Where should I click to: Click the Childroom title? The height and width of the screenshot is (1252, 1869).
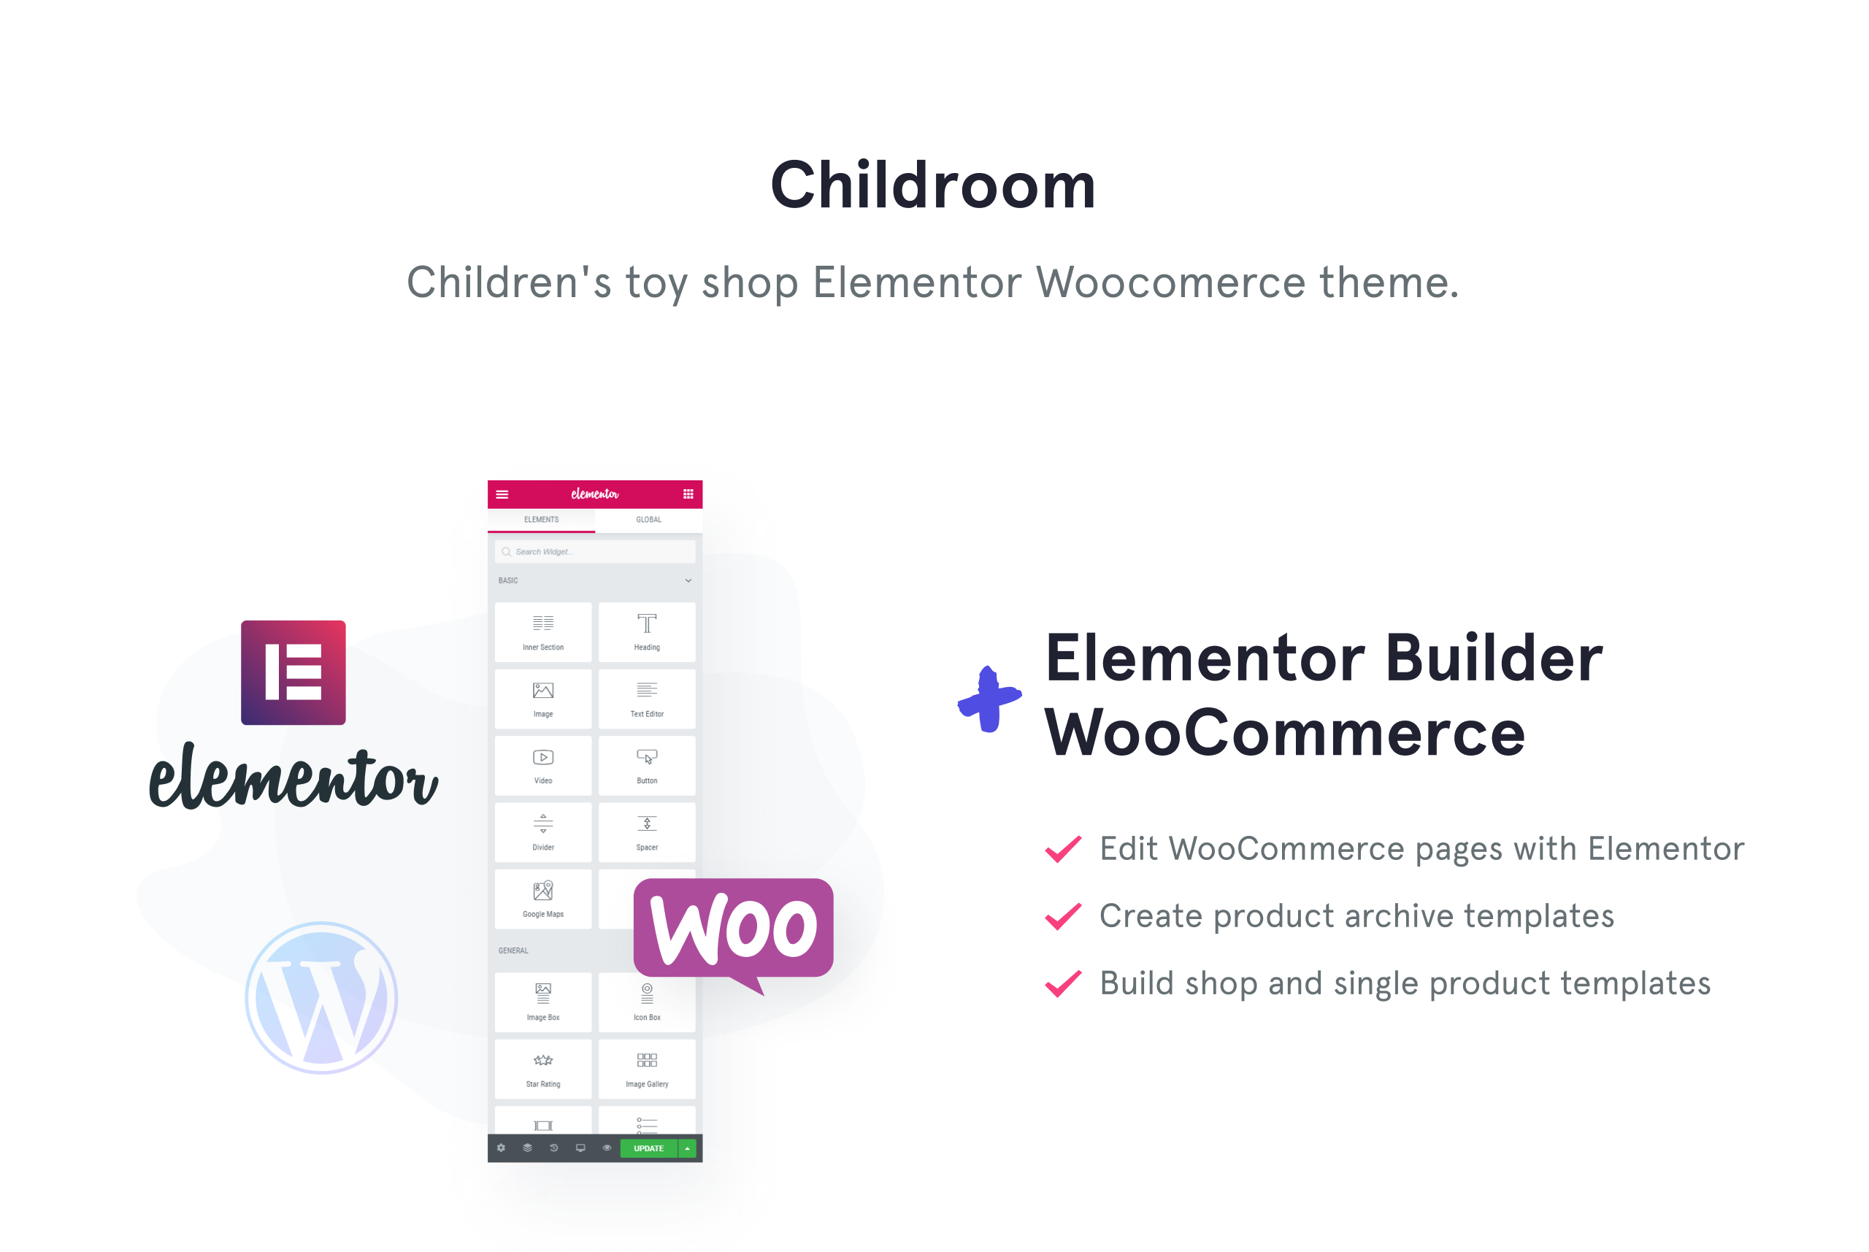coord(932,185)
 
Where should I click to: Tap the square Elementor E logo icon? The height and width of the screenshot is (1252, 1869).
coord(293,672)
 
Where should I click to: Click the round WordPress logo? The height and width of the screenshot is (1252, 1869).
coord(321,997)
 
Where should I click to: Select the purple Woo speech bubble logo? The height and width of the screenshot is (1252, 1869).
coord(733,934)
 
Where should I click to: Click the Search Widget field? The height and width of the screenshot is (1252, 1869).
coord(595,552)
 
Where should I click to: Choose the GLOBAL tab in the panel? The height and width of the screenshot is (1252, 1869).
coord(648,520)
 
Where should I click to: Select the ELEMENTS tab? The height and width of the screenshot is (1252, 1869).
coord(541,520)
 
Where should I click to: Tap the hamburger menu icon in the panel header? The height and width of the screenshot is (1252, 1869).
coord(502,494)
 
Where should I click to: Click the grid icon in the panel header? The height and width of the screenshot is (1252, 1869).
coord(688,494)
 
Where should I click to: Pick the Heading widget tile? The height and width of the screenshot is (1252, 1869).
coord(647,631)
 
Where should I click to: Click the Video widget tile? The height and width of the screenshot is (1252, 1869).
coord(543,765)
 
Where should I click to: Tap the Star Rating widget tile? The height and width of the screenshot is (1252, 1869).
coord(543,1068)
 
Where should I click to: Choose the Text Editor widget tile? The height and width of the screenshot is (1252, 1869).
coord(647,699)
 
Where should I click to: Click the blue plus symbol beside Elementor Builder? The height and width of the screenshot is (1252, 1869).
coord(989,699)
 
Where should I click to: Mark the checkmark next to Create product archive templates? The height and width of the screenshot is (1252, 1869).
coord(1064,917)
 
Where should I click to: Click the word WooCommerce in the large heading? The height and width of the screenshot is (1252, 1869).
coord(1285,733)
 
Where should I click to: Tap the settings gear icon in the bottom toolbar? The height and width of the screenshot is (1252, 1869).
coord(502,1148)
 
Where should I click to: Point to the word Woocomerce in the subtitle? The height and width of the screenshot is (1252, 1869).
coord(1170,283)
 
